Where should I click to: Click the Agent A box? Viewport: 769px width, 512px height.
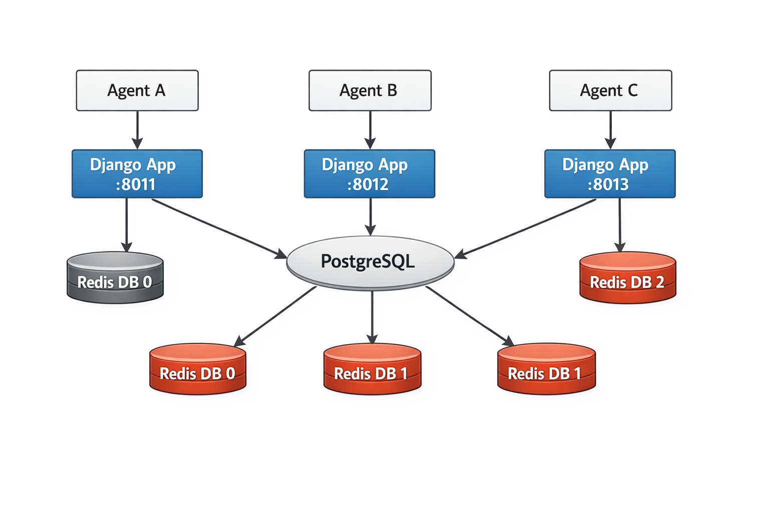point(137,90)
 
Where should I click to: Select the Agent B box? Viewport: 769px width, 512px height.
point(370,90)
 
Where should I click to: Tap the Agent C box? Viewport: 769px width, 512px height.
point(610,90)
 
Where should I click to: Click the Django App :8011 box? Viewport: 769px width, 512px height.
point(137,173)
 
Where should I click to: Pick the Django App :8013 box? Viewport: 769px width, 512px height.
point(610,173)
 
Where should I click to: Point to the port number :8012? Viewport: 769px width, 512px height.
point(368,184)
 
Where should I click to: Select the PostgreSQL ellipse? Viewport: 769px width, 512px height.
point(370,262)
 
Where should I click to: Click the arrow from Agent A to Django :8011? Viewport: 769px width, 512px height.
point(137,129)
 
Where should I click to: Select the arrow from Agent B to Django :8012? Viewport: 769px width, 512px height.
point(370,129)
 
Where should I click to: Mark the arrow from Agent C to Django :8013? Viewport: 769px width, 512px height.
point(610,129)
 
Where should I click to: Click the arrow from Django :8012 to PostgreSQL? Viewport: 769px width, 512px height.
point(370,216)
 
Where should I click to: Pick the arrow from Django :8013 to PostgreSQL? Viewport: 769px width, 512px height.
point(526,228)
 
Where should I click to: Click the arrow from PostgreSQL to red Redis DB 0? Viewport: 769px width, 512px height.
point(275,316)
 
